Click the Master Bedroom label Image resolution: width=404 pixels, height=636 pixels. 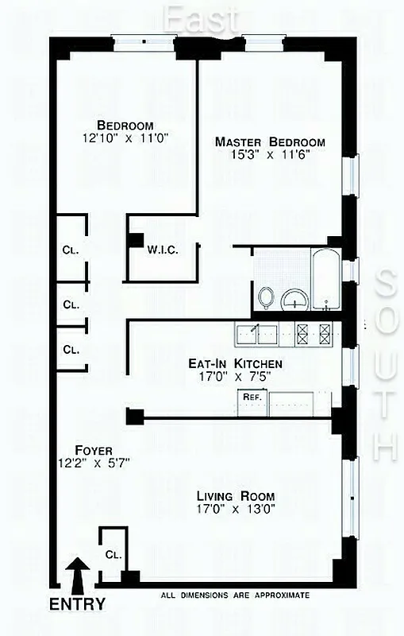pyautogui.click(x=270, y=142)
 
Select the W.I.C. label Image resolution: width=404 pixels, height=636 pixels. pyautogui.click(x=162, y=250)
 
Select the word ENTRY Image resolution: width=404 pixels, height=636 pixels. pyautogui.click(x=77, y=604)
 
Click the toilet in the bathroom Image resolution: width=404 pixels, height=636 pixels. pyautogui.click(x=267, y=297)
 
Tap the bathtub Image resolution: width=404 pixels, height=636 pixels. pyautogui.click(x=326, y=279)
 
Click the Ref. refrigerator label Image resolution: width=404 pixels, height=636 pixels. pyautogui.click(x=252, y=396)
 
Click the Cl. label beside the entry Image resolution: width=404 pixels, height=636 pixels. pyautogui.click(x=111, y=555)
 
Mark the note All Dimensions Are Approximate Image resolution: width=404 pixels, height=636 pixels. pyautogui.click(x=234, y=595)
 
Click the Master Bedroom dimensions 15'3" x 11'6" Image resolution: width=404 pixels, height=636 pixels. pyautogui.click(x=270, y=156)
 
